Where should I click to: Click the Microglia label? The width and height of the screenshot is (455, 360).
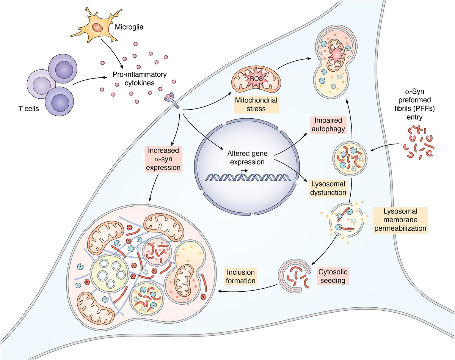pos(127,28)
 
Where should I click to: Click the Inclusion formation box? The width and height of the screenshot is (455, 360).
pos(240,277)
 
